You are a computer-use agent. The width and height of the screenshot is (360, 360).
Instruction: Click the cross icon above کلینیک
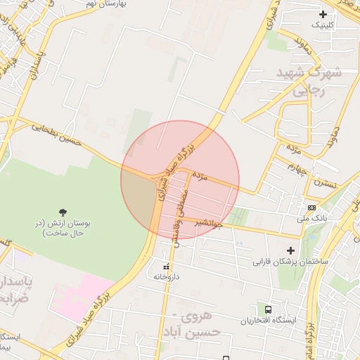click(323, 14)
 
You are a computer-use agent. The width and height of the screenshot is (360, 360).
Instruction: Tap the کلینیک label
click(323, 25)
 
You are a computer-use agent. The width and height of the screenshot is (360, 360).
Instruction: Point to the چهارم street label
click(300, 169)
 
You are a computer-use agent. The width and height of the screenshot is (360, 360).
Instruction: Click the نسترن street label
click(326, 184)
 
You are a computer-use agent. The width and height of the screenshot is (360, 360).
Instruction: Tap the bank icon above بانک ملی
click(311, 207)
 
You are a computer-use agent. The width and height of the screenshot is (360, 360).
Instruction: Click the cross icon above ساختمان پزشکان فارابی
click(290, 250)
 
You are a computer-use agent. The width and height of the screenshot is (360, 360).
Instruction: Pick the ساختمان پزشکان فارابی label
click(290, 262)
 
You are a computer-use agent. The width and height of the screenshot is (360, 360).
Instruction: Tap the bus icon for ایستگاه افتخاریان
click(268, 309)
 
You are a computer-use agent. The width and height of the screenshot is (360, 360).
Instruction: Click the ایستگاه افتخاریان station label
click(268, 321)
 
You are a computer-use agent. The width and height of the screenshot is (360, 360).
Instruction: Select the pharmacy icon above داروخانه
click(167, 266)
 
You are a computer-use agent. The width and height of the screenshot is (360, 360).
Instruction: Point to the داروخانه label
click(167, 277)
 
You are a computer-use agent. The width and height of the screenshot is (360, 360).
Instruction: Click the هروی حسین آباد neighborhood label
click(200, 324)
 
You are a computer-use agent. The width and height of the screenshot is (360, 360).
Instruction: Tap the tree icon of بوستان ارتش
click(64, 211)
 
